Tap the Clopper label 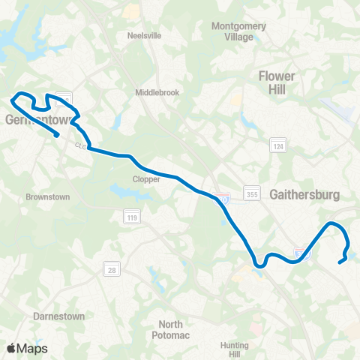tap(146, 180)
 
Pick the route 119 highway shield tap(128, 217)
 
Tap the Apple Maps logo tap(27, 348)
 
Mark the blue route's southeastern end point tap(340, 261)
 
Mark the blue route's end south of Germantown tap(58, 135)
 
